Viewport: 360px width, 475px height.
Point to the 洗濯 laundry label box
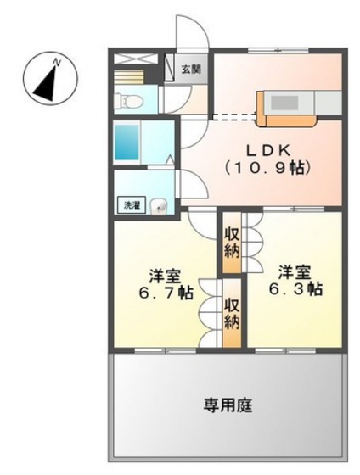point(131,204)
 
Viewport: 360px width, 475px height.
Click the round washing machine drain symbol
point(160,204)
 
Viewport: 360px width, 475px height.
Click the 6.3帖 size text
point(297,288)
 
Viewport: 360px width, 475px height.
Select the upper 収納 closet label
point(232,243)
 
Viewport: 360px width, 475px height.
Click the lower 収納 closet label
point(232,313)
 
